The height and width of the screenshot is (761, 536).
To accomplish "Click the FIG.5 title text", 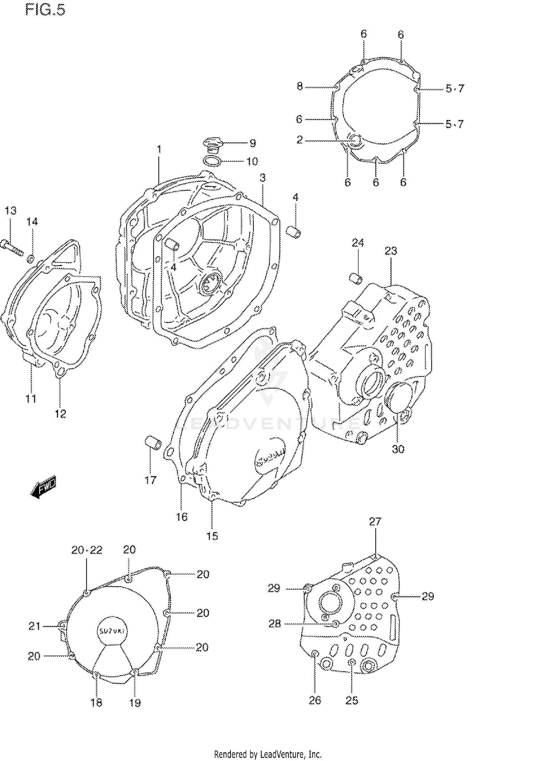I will click(x=45, y=10).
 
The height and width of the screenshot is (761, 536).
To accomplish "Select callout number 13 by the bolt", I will click(x=10, y=211).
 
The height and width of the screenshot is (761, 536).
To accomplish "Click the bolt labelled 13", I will click(x=11, y=247).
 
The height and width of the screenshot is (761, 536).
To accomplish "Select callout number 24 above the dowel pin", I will click(x=358, y=243).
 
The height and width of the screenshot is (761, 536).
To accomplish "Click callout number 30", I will click(x=398, y=449).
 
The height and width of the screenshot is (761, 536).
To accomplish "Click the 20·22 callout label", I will click(x=87, y=550).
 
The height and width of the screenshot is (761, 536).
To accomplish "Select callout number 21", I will click(x=34, y=626).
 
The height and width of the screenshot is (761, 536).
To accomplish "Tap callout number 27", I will click(x=375, y=522).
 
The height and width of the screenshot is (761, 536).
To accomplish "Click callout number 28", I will click(x=275, y=624).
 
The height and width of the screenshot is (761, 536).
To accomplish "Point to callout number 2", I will click(x=299, y=140).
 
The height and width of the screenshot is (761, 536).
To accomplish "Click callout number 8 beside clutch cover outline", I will click(x=299, y=86).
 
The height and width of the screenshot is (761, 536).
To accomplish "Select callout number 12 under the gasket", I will click(x=60, y=414).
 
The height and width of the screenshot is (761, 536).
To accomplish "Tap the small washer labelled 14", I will click(x=31, y=257).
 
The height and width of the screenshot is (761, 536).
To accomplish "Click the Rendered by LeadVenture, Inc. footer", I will click(x=268, y=755).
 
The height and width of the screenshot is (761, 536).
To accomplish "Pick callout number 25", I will click(x=352, y=700).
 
